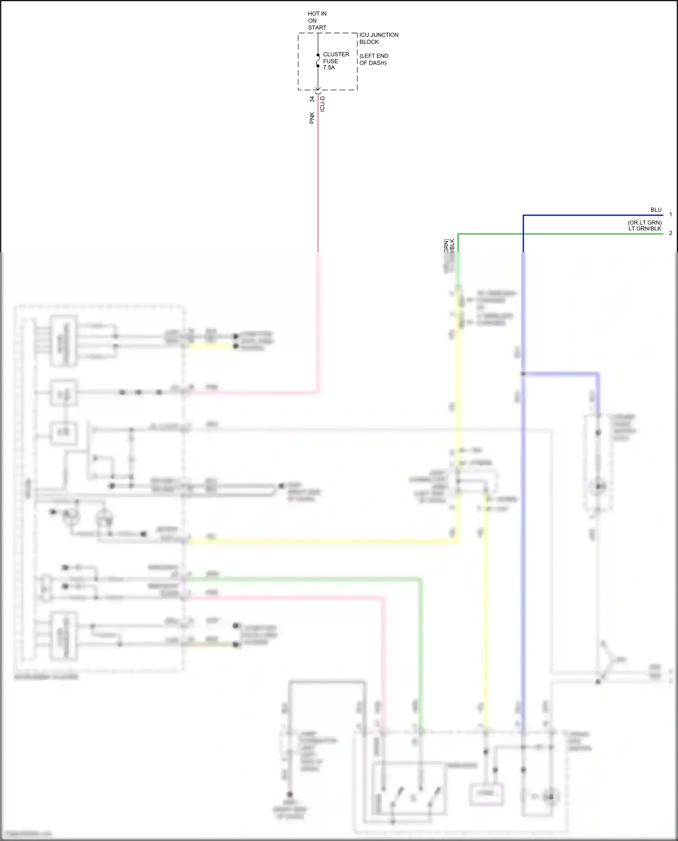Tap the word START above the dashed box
(317, 28)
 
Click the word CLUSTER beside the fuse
(336, 54)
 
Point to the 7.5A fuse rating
(329, 68)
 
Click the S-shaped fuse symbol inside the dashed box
(318, 61)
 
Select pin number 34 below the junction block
(312, 99)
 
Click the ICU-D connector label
(322, 104)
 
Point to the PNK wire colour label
(312, 118)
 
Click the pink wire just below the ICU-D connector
(318, 136)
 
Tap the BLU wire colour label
(656, 210)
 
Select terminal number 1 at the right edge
(671, 215)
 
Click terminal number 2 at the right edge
(671, 233)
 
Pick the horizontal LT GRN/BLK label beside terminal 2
(645, 229)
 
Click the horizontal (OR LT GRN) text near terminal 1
(645, 223)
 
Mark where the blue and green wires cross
(523, 234)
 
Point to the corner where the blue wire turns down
(523, 215)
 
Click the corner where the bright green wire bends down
(458, 234)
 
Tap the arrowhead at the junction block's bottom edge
(318, 89)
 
